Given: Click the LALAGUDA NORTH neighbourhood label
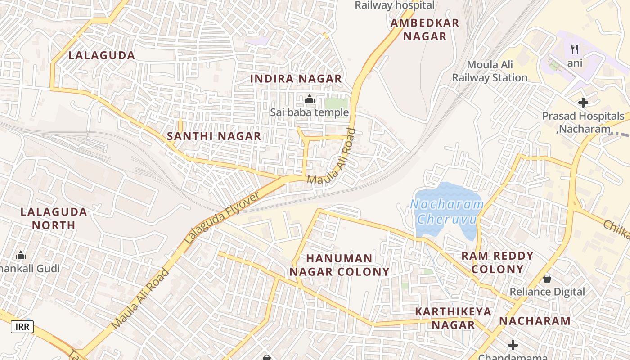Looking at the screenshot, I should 54,218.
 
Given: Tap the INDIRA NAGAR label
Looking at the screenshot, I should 296,79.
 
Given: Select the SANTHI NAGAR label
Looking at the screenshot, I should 214,136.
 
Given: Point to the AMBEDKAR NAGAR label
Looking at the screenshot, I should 425,30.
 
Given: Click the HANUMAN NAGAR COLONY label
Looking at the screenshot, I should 339,265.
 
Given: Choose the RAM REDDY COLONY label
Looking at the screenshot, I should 497,263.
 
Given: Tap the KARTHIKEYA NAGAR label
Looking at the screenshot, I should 453,318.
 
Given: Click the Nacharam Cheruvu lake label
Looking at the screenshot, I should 447,212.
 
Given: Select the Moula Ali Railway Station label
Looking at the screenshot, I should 490,72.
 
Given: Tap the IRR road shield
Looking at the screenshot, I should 22,326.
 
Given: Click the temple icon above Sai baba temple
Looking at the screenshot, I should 310,99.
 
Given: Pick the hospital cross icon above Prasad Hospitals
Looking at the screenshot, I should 583,103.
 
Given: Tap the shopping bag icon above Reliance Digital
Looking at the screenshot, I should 547,279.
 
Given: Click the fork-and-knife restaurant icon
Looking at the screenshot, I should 575,49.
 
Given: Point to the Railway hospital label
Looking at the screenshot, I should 395,5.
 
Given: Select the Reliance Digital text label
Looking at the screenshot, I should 547,292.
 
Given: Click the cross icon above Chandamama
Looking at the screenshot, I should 513,345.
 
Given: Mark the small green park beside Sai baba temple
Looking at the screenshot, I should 336,103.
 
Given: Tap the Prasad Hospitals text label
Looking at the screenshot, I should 583,116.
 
